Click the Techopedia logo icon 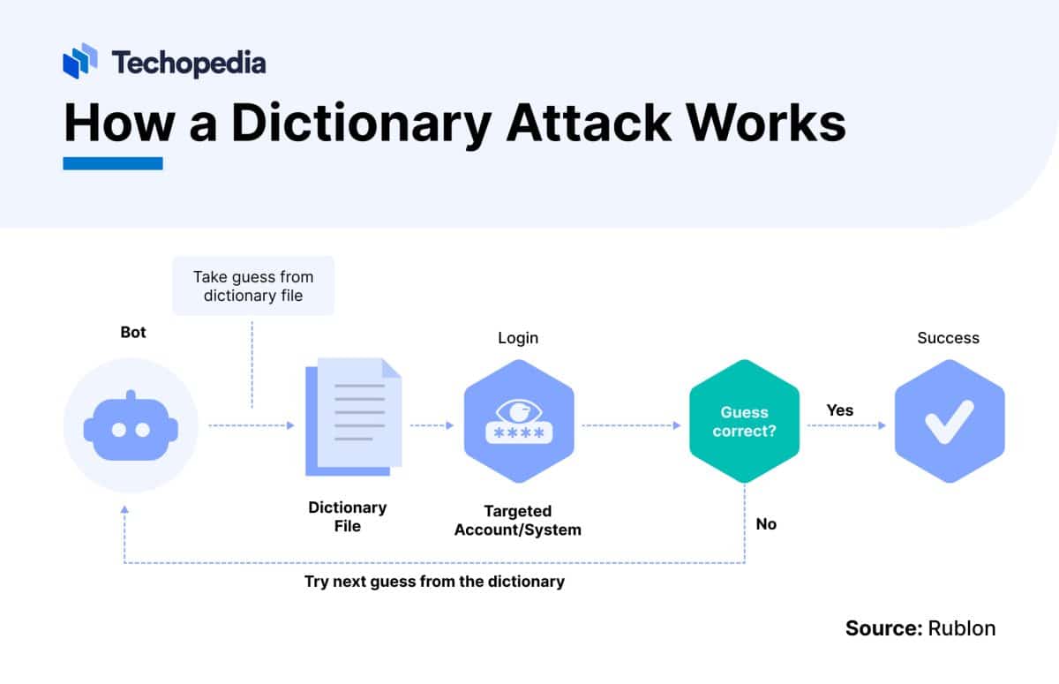pos(80,61)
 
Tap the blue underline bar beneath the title pos(113,163)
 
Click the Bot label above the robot pos(133,333)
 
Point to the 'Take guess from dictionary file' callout pos(253,286)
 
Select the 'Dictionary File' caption pos(347,516)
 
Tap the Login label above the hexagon pos(518,338)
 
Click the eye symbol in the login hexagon pos(519,410)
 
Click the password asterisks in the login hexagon pos(519,434)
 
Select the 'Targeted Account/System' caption pos(518,521)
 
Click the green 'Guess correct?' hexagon pos(744,422)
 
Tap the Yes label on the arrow pos(839,410)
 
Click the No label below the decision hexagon pos(766,524)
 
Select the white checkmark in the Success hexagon pos(949,422)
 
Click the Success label pos(948,338)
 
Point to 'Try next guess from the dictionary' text pos(434,582)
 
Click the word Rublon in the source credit pos(961,628)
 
